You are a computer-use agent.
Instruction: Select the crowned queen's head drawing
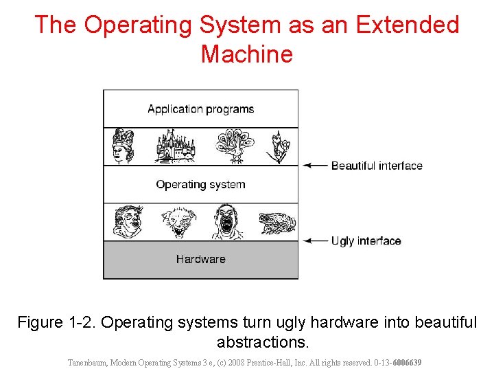click(123, 145)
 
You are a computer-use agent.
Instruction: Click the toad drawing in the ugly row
click(277, 223)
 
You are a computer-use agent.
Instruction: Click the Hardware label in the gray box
click(200, 259)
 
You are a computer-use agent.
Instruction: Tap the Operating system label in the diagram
click(200, 184)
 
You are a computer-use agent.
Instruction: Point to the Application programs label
click(200, 109)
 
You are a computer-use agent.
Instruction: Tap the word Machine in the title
click(247, 54)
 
